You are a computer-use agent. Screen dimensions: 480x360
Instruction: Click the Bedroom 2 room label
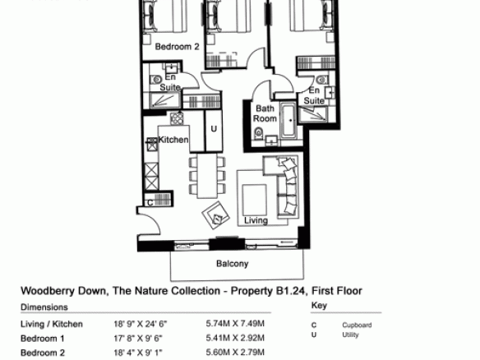tap(177, 47)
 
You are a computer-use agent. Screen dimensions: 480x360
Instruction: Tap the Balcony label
tap(232, 264)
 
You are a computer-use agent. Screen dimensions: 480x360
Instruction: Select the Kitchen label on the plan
tap(173, 140)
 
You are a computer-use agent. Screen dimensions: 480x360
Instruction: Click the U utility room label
tap(214, 129)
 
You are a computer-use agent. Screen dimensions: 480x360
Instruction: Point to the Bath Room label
tap(265, 113)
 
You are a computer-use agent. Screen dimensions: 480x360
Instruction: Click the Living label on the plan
tap(256, 220)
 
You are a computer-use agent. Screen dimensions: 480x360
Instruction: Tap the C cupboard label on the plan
tap(150, 203)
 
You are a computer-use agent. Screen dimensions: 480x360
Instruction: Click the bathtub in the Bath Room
tap(289, 121)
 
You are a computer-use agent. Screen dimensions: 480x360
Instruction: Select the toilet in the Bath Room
tap(259, 133)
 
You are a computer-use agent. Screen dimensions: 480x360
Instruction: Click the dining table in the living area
tap(207, 176)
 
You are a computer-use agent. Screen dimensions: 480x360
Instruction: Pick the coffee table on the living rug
tap(254, 200)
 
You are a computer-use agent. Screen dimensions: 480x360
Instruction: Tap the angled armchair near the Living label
tap(216, 215)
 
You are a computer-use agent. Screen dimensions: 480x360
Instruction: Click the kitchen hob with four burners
tap(177, 119)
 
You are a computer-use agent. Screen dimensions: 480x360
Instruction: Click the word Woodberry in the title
tap(48, 291)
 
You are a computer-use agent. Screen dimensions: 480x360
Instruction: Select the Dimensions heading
tap(44, 307)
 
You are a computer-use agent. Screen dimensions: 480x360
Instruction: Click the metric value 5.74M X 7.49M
tap(235, 324)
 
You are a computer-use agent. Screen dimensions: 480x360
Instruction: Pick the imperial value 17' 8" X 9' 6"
tap(138, 339)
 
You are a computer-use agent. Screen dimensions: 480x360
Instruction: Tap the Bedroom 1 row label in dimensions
tap(43, 339)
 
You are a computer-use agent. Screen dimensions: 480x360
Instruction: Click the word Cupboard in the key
tap(357, 325)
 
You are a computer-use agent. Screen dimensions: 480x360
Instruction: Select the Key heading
tap(319, 305)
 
